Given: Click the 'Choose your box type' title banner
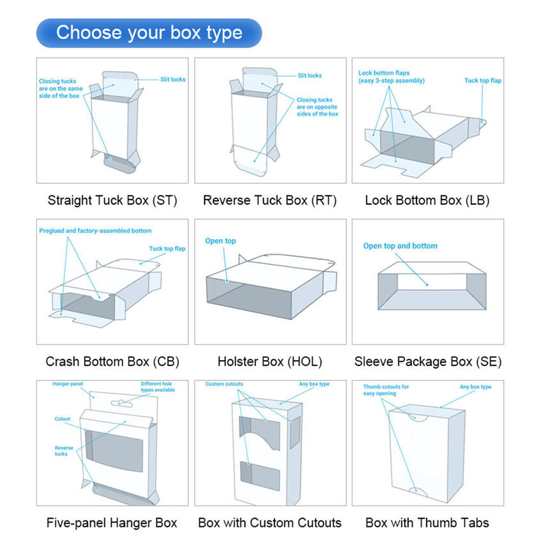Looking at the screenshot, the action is pos(149,33).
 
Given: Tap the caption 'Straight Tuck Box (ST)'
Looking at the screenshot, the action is pos(112,200).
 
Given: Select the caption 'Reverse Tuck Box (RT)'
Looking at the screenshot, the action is pos(269,200).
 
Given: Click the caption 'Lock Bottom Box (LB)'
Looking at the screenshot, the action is pos(427,200).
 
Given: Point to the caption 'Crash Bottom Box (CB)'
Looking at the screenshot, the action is pos(112,361).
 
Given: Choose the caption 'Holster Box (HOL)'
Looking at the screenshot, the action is pos(269,361).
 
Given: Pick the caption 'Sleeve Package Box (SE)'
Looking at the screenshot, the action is pos(428,361).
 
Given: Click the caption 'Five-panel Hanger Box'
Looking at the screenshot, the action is pos(112,522).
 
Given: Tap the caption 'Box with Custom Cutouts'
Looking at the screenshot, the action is pos(269,522).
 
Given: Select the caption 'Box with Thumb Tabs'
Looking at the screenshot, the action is pos(427,522).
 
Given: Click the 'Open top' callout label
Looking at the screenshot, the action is pos(220,241).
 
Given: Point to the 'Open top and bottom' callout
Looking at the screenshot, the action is pos(400,246).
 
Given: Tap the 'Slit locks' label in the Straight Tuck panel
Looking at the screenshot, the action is pos(172,79).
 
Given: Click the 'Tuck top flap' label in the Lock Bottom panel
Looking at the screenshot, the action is pos(482,81).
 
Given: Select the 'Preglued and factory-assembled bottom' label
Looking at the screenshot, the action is pos(95,231).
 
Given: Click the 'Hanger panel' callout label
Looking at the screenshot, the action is pos(68,384).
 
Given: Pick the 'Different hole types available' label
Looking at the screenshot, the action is pos(158,387).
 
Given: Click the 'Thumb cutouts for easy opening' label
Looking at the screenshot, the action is pos(386,390).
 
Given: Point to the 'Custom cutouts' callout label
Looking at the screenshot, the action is pos(224,384).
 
